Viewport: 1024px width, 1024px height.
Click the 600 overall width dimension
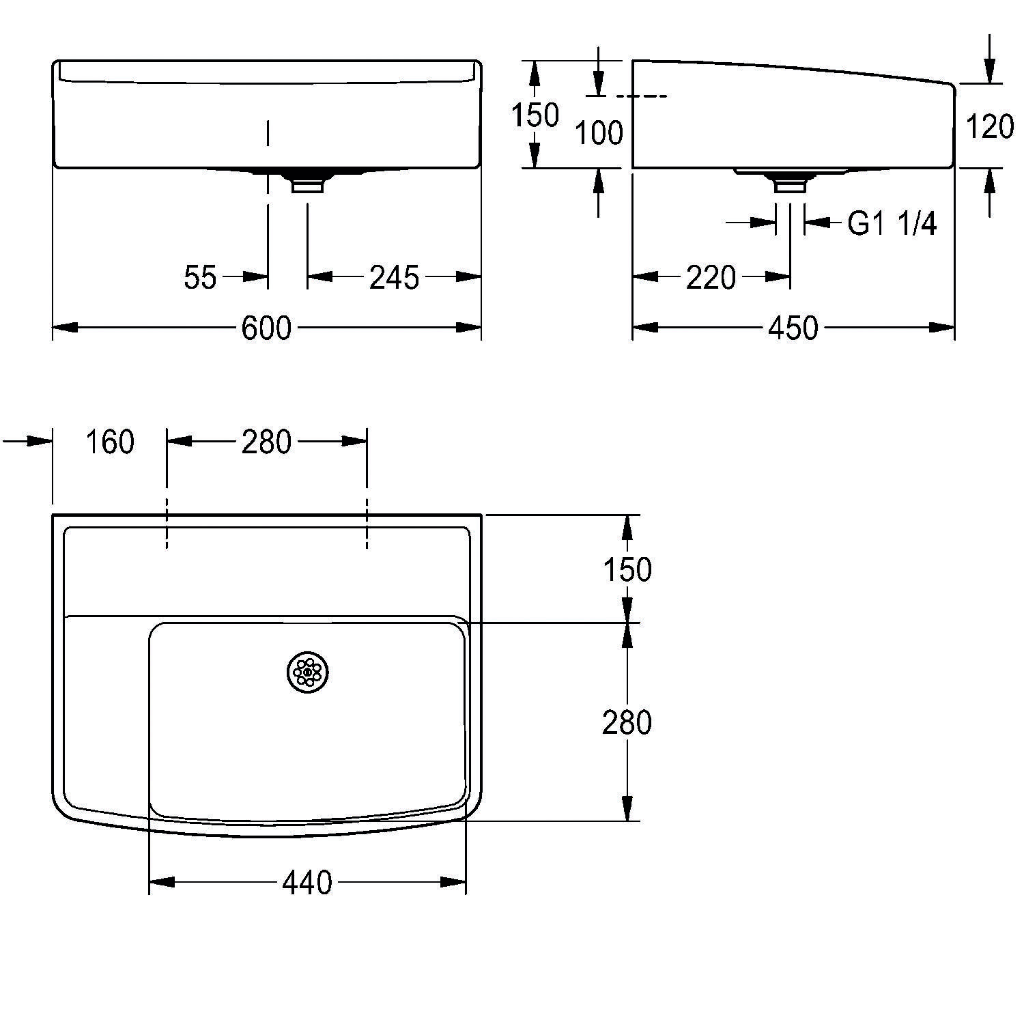click(266, 328)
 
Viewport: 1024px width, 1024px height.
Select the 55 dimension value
click(200, 277)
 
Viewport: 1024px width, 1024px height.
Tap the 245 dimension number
click(394, 277)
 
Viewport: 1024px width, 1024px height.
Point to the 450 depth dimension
click(793, 328)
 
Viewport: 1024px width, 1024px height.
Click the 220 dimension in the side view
click(711, 277)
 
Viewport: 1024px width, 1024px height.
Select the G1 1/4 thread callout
click(892, 223)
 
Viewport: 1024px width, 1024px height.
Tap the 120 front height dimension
click(990, 127)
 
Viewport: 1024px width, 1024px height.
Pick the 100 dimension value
click(599, 132)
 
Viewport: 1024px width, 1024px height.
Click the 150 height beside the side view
click(535, 115)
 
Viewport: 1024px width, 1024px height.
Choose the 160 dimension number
click(109, 442)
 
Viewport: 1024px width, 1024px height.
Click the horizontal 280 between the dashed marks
click(266, 442)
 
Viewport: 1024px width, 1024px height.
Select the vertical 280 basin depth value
click(627, 722)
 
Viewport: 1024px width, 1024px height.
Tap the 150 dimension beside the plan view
click(627, 569)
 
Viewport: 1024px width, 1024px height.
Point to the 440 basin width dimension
click(307, 883)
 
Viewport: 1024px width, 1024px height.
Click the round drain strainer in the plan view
click(307, 672)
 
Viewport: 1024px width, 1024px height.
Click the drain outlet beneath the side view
click(791, 184)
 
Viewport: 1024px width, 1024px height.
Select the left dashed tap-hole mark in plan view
click(166, 524)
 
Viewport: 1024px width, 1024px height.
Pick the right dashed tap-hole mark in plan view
click(367, 524)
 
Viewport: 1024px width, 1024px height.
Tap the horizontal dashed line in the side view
click(646, 96)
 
